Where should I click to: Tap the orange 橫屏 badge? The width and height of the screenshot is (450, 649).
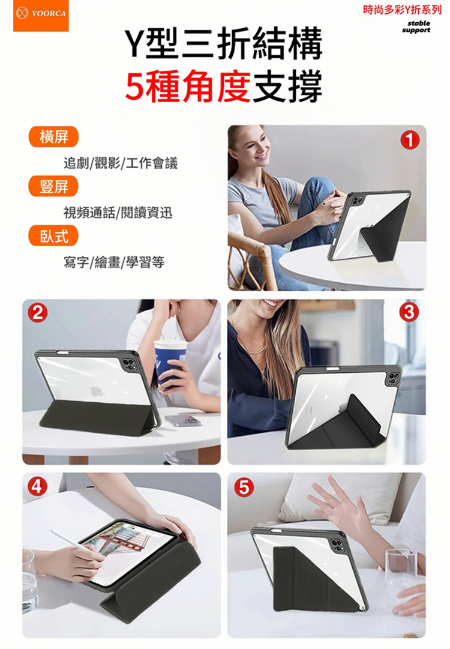(53, 137)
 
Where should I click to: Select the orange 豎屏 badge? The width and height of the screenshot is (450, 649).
(53, 186)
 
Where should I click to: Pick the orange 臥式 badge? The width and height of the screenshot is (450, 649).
(53, 236)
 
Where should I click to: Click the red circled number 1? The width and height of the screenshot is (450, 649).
(409, 140)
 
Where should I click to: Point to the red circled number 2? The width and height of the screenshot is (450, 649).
(37, 313)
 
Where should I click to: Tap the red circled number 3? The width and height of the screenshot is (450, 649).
(409, 313)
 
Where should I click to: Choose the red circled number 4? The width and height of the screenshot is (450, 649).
(37, 487)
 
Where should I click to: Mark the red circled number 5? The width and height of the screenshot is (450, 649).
(244, 487)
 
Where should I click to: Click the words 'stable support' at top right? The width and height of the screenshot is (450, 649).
(416, 26)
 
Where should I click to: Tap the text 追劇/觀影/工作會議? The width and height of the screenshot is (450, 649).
(121, 163)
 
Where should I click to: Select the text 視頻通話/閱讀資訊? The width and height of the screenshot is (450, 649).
(118, 213)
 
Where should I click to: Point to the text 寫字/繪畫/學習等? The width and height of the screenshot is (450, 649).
(114, 262)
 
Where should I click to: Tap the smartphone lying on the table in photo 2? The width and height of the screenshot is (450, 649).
(183, 420)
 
